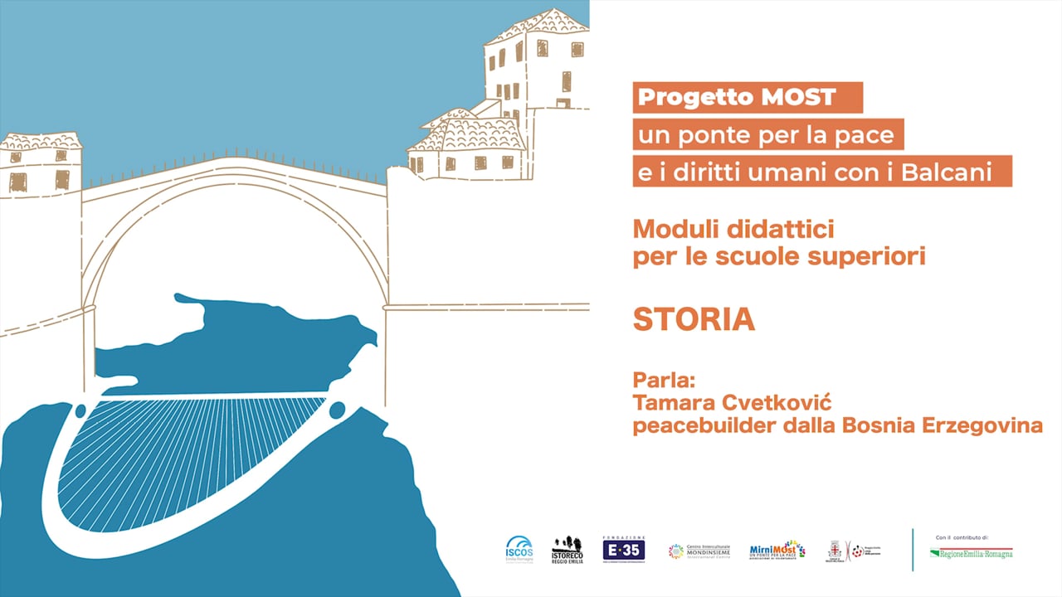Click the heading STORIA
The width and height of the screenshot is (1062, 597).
(x=694, y=319)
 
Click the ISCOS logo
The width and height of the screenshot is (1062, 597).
(x=520, y=550)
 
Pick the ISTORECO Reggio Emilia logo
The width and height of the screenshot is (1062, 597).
(x=568, y=550)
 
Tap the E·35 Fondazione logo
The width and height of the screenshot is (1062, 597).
(x=624, y=549)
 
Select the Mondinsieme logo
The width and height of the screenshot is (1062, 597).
(x=701, y=551)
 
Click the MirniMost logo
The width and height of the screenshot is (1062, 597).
(x=777, y=551)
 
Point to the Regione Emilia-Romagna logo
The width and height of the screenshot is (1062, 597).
(x=972, y=553)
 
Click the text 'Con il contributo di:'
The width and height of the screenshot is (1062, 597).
(x=962, y=537)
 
